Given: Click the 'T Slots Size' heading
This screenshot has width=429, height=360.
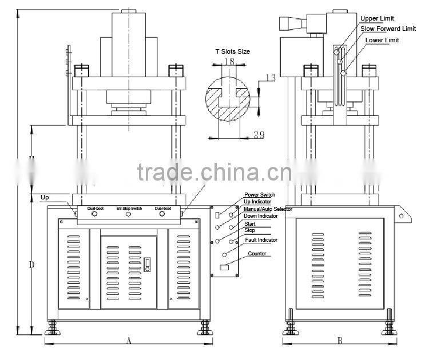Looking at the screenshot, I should coord(232,51).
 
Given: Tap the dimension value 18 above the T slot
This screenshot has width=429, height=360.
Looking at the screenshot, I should coord(229,61).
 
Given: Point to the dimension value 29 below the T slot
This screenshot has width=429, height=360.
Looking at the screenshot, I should coord(258,134).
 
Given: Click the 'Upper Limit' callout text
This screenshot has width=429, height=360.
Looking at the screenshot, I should coord(377,19).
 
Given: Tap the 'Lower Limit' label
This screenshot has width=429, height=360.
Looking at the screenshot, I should coord(383,40).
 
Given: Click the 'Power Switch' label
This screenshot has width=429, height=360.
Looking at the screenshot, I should coord(260,195).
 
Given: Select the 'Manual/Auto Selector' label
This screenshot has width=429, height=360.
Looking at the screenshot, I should coord(268,209).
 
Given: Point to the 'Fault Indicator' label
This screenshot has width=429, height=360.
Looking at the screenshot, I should coord(261,240).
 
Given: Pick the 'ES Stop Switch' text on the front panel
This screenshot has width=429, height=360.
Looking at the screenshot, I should coord(129,209).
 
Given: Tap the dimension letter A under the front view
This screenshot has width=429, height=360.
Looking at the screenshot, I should coord(129,341).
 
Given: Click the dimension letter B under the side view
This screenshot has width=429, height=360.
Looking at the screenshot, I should coord(340,341).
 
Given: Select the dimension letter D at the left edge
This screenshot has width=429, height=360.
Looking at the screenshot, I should coord(32,265).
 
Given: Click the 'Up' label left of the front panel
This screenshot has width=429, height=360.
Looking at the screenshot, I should coord(45,198).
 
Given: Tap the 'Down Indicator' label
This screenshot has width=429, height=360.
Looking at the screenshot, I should coord(261,216).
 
